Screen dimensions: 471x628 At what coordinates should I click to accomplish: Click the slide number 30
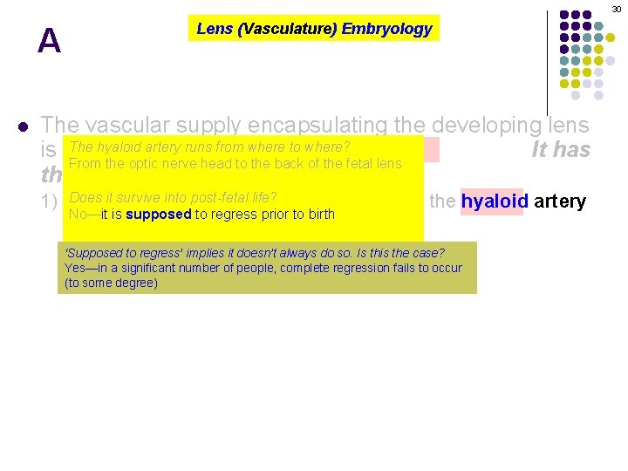616,8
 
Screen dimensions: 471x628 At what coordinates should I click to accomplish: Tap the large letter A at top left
50,41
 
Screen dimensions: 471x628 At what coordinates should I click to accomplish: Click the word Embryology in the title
386,29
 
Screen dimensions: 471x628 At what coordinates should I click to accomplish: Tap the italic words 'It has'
561,150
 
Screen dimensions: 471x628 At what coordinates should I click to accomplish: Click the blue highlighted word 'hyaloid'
491,201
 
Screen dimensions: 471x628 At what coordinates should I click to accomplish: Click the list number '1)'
51,201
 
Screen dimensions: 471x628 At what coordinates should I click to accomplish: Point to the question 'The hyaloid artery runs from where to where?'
209,147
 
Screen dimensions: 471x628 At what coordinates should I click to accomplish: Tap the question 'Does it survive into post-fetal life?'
173,198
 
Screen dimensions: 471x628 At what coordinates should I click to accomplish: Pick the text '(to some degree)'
111,283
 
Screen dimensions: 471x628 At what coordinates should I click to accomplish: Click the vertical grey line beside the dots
548,61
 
